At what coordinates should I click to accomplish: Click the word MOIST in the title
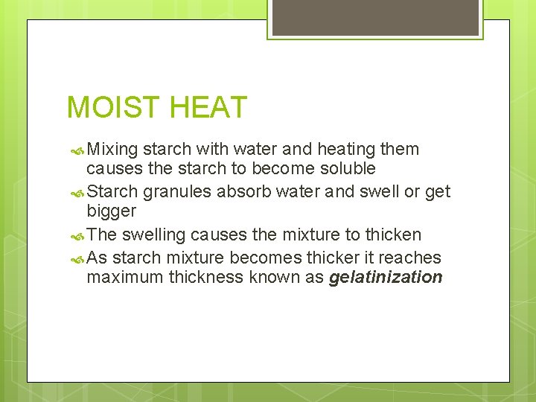click(x=113, y=108)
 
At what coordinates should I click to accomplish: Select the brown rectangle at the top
click(x=375, y=17)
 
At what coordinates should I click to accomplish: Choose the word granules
click(x=177, y=192)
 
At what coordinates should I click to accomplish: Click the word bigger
click(x=112, y=211)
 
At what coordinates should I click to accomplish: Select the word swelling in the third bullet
click(x=154, y=234)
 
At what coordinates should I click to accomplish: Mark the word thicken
click(x=393, y=234)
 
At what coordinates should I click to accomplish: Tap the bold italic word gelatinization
click(x=386, y=278)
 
